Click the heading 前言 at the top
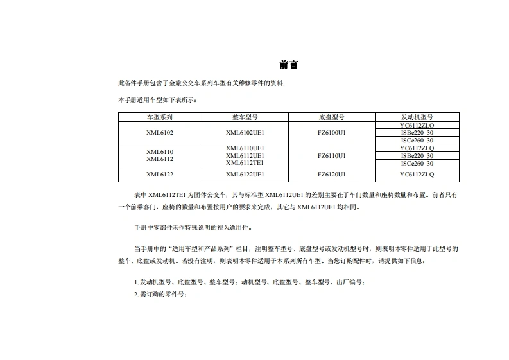click(x=288, y=65)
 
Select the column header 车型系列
click(x=160, y=117)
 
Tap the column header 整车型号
click(x=245, y=117)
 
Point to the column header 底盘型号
click(x=331, y=117)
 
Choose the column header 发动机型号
click(x=417, y=117)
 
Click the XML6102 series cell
click(x=160, y=132)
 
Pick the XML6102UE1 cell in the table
click(x=245, y=132)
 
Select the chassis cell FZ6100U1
click(x=331, y=132)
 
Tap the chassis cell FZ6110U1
click(x=331, y=155)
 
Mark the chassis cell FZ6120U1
click(x=331, y=174)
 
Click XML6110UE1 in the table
click(x=245, y=148)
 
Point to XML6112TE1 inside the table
click(x=245, y=163)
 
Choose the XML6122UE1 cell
click(x=245, y=174)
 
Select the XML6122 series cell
click(x=160, y=174)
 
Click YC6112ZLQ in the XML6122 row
click(x=417, y=174)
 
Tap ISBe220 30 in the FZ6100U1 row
click(x=417, y=133)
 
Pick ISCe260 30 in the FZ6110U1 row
click(x=417, y=163)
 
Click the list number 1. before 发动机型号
click(x=136, y=282)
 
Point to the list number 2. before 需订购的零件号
click(x=136, y=294)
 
